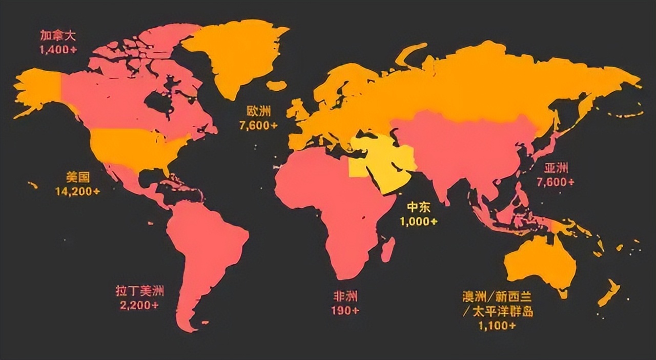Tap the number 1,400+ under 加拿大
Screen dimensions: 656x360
[58, 50]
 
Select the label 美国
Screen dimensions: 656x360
[77, 177]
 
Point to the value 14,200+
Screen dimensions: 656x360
[77, 191]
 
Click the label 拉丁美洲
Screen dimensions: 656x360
[140, 291]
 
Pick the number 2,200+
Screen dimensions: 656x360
[140, 305]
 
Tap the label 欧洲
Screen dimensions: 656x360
[258, 111]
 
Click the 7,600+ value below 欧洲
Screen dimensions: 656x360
[258, 125]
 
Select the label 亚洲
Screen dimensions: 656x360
[556, 168]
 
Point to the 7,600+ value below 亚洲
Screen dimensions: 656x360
[556, 182]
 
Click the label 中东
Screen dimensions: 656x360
[419, 207]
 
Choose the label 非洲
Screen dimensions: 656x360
[345, 296]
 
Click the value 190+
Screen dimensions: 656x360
[345, 310]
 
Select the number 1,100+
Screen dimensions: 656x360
[497, 326]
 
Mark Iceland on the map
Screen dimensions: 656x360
[277, 85]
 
